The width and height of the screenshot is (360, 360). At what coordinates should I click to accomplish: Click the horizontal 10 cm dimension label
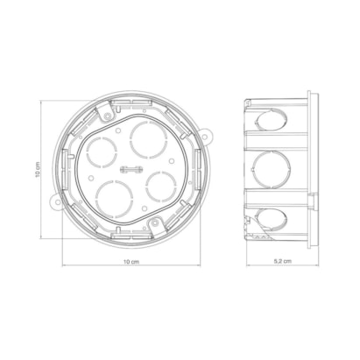coord(131,261)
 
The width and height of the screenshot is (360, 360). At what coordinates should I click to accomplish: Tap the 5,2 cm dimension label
coord(283,261)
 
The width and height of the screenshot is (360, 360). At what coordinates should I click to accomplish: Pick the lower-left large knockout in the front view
coord(112,199)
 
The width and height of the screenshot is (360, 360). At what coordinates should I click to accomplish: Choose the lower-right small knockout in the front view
coord(161,187)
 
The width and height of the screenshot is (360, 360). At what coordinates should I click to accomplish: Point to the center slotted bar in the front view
coord(131,169)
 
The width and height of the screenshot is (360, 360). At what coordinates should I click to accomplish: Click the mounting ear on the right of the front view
coord(206,136)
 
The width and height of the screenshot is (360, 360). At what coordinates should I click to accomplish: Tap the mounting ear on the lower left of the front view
coord(56,202)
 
